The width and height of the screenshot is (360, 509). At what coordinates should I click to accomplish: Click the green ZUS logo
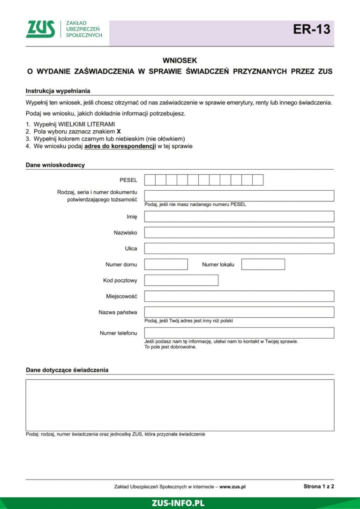coord(40,29)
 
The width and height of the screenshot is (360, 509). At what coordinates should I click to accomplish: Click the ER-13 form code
coord(312,30)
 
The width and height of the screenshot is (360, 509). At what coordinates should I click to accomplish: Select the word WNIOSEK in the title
coord(180,60)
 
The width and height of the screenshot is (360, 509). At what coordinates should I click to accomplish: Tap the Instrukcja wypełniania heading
coord(58,91)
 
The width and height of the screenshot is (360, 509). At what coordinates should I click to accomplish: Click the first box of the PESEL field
coord(150,180)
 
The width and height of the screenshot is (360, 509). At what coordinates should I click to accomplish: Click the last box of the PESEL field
coord(258,180)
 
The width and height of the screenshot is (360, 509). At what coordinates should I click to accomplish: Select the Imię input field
coord(239,217)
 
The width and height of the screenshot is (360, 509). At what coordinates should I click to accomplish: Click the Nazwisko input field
coord(239,232)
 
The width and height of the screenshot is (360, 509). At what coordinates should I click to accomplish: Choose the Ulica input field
coord(239,248)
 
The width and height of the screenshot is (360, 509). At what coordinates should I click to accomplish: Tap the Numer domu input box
coord(166,264)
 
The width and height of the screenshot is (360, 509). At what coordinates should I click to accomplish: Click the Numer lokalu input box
coord(263,264)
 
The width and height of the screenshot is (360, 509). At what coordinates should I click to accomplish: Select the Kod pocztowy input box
coord(181,280)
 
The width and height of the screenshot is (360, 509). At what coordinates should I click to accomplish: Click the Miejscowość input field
coord(239,296)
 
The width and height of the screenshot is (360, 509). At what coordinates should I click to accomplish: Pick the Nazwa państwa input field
coord(239,312)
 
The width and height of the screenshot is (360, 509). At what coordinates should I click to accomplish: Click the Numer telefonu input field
coord(239,333)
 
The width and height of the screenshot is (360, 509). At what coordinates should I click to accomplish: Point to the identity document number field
coord(239,196)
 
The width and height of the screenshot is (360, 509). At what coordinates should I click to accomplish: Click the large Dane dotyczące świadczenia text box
coord(180,405)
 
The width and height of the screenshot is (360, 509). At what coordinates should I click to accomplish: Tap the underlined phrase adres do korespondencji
coord(120,146)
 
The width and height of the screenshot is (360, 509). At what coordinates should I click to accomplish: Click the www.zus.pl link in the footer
coord(232,487)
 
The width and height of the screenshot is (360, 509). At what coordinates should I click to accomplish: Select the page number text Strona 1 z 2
coord(319,487)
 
